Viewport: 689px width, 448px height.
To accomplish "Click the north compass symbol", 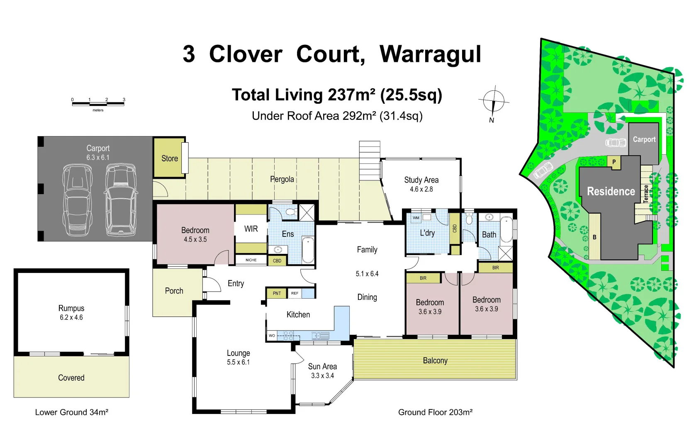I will point(493,102).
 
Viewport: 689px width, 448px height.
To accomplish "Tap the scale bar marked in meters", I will point(98,103).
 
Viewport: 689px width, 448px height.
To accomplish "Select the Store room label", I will point(169,158).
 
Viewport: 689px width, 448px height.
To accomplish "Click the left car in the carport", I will point(78,200).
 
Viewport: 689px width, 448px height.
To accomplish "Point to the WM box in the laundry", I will point(416,218).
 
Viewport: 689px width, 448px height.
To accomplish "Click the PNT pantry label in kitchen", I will point(277,293).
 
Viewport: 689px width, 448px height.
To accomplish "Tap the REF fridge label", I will point(295,293).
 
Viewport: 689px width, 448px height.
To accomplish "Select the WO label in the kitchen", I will point(272,336).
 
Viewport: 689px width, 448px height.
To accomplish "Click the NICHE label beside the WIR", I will point(251,260).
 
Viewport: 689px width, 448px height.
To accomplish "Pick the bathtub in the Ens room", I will point(307,250).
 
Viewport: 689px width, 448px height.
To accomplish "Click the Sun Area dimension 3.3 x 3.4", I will point(322,376).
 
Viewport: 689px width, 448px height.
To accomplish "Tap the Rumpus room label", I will point(71,308).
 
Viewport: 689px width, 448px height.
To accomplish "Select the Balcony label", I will point(435,360).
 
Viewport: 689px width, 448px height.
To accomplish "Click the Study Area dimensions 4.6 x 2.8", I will point(421,189).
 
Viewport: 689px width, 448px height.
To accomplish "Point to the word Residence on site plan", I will point(611,191).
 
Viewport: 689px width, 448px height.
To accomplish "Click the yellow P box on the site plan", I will point(614,162).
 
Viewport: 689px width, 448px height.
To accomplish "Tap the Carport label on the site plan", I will point(644,139).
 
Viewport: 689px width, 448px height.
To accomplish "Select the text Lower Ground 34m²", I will point(71,412).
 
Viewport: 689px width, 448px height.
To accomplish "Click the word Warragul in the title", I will point(430,54).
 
